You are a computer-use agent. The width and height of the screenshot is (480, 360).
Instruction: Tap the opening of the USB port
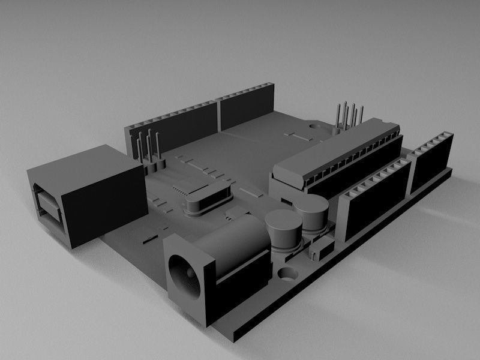click(47, 205)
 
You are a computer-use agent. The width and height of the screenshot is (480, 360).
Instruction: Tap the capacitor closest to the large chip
click(313, 212)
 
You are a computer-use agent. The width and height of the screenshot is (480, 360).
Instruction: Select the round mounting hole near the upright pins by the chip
click(314, 127)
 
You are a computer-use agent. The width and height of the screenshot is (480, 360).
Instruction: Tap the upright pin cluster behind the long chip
click(349, 117)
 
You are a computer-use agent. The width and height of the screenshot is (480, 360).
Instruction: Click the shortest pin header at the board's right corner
click(431, 158)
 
